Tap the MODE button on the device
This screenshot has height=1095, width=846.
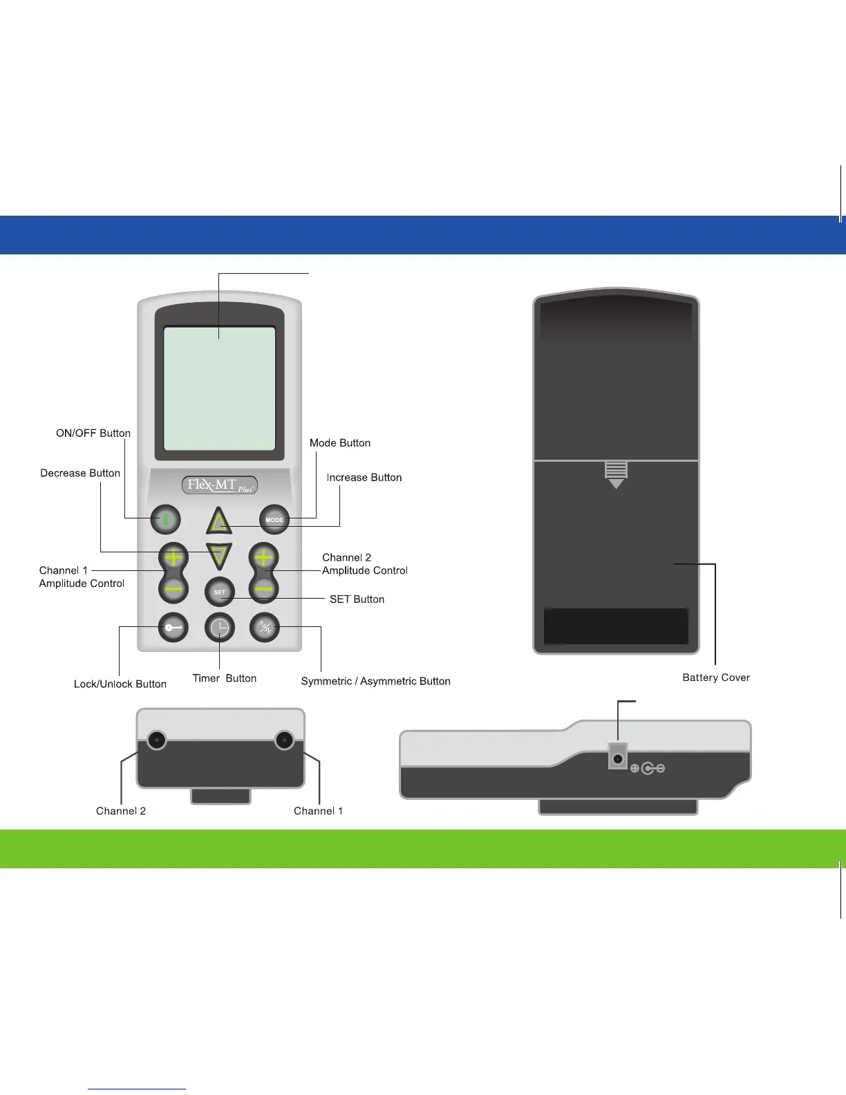[274, 519]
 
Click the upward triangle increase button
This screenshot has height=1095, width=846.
[219, 521]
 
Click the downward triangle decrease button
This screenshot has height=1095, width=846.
[219, 555]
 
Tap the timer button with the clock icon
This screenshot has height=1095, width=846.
[220, 628]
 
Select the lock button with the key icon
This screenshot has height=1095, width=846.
[173, 628]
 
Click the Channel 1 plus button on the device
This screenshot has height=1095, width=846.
[173, 556]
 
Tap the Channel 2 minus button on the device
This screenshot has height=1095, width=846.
[264, 589]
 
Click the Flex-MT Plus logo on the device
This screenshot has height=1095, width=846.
[220, 485]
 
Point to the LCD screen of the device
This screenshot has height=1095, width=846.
[219, 389]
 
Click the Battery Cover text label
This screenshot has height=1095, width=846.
[715, 677]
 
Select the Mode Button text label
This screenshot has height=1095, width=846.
[340, 443]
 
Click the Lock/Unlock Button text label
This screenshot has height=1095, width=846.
[120, 684]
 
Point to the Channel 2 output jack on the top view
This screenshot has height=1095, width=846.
[157, 740]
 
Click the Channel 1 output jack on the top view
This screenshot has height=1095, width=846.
[284, 740]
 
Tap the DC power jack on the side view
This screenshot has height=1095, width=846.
[617, 759]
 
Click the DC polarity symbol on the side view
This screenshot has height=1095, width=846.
[648, 768]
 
